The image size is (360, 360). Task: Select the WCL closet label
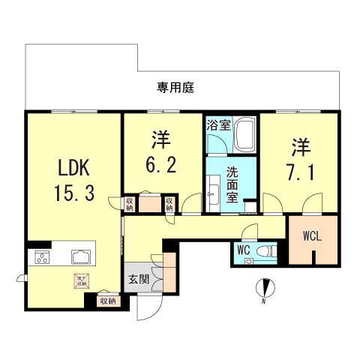[313, 236]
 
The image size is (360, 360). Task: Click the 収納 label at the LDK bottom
[108, 301]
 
